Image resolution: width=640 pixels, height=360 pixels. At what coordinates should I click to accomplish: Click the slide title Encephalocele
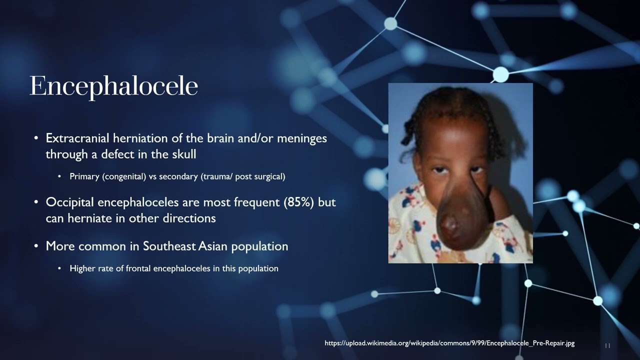113,86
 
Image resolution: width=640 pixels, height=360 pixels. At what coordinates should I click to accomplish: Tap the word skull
184,154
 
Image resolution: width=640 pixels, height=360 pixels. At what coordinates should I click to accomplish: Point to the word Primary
84,176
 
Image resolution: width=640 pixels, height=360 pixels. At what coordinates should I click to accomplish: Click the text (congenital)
124,176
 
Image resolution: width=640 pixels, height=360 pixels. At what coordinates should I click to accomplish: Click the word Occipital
70,202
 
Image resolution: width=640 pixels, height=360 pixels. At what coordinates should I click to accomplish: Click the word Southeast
169,246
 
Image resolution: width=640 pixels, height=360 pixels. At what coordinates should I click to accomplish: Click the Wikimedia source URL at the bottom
449,343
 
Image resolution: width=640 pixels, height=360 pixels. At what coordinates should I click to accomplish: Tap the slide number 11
607,345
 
